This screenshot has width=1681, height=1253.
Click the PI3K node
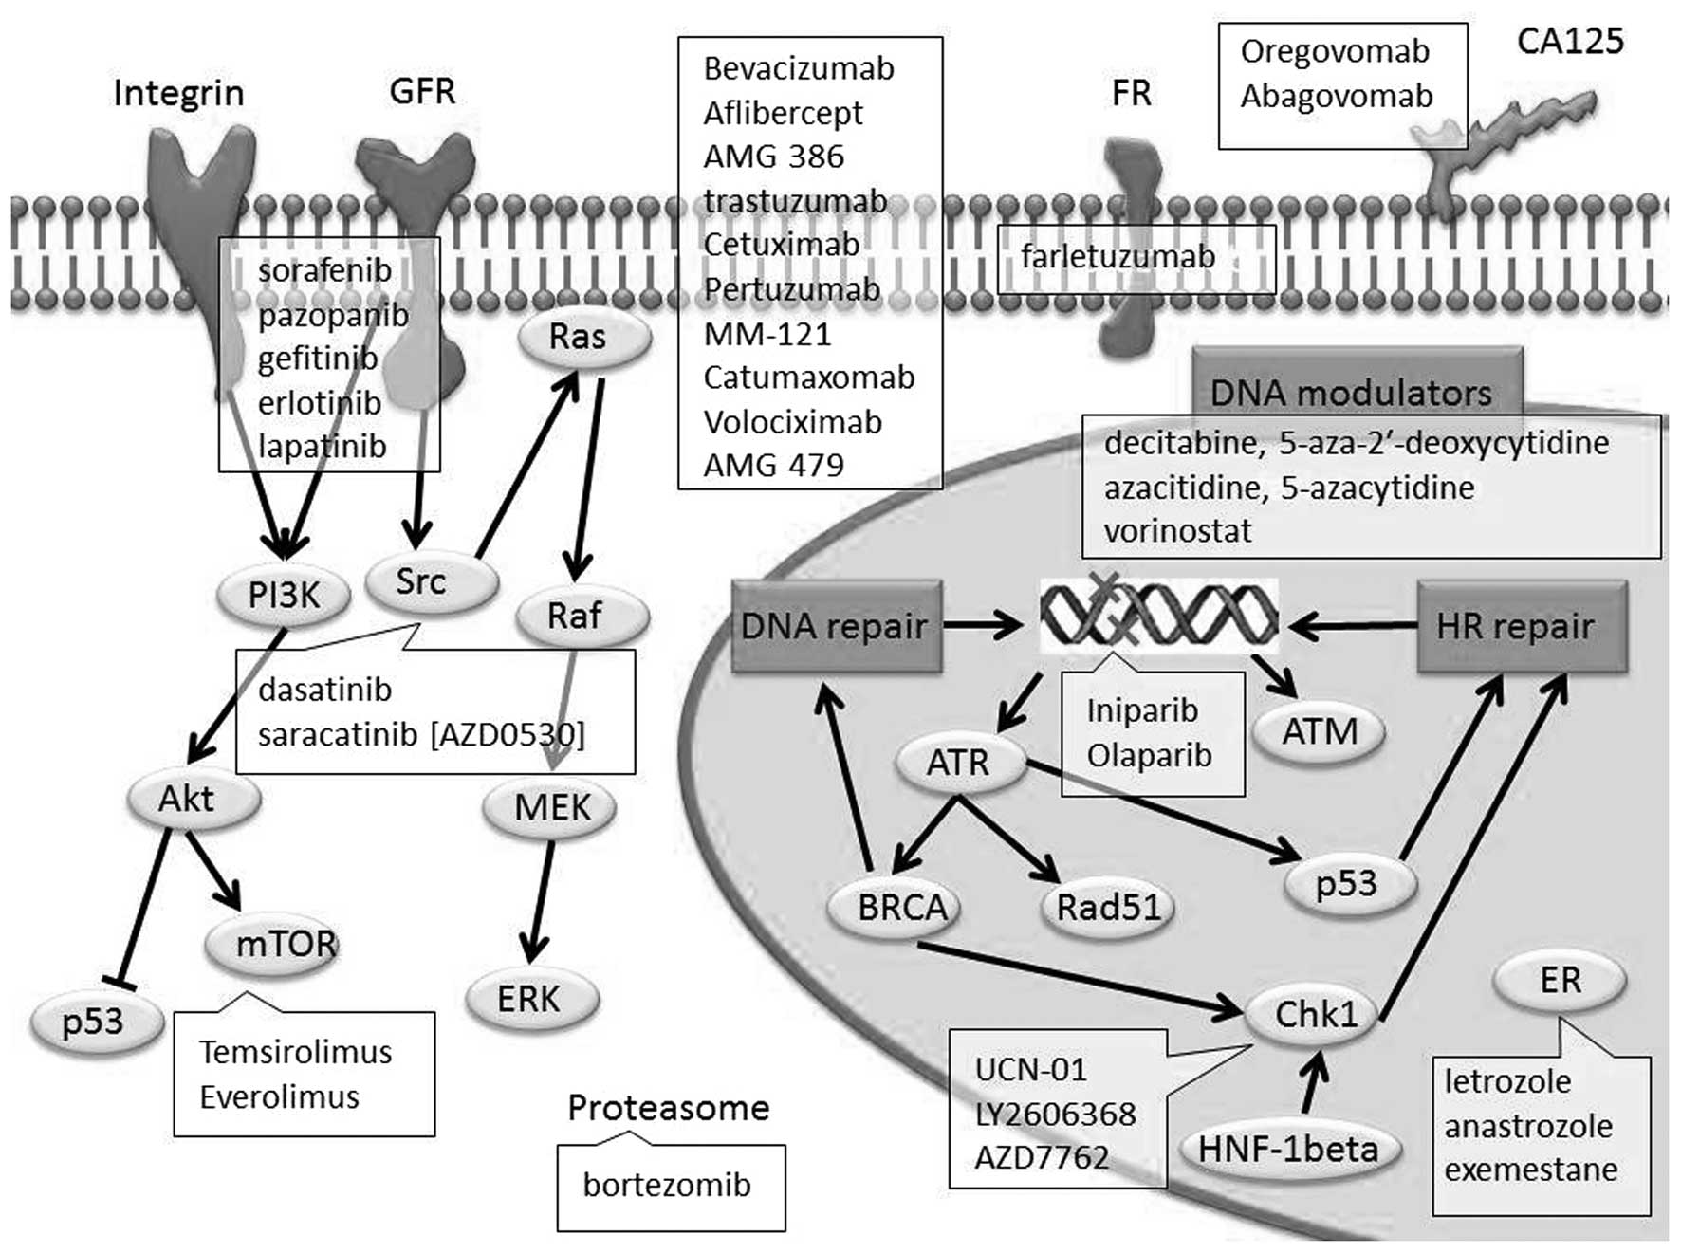[x=284, y=596]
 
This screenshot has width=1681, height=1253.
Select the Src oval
[x=422, y=581]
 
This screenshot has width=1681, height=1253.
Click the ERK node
[x=529, y=999]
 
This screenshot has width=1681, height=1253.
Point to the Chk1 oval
[x=1316, y=1015]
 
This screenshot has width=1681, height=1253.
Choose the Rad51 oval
[x=1108, y=907]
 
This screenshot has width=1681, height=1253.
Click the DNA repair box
[x=835, y=626]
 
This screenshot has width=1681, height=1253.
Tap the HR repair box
[x=1515, y=626]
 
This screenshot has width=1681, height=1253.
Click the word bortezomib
[x=667, y=1185]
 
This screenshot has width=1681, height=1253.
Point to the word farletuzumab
[x=1118, y=256]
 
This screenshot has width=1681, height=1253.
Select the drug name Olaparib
[x=1149, y=756]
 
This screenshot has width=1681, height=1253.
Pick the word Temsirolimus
[x=295, y=1052]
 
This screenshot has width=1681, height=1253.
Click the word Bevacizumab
[x=799, y=68]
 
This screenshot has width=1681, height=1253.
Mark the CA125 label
[x=1570, y=41]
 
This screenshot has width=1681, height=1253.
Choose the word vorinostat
[x=1177, y=530]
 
